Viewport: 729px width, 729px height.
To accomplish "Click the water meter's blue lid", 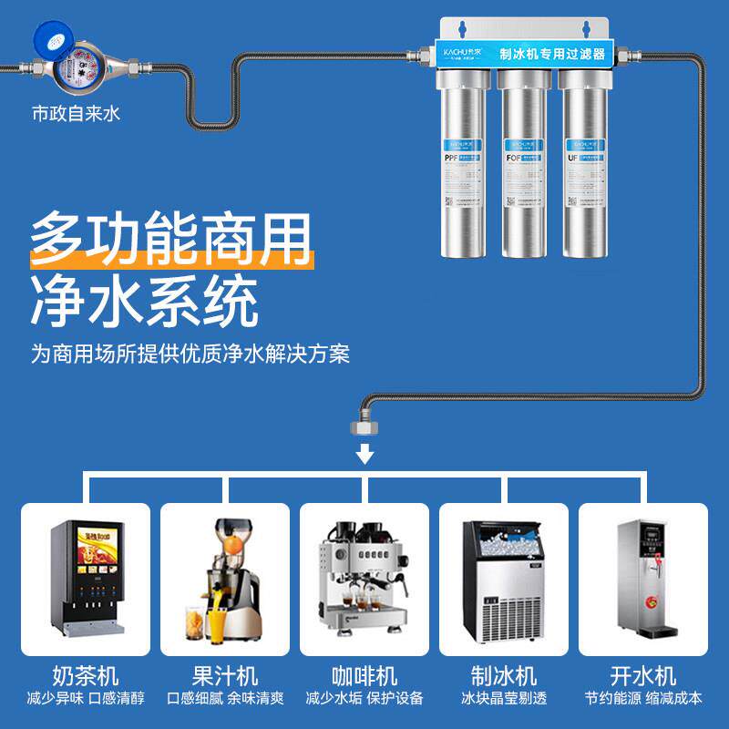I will (x=53, y=36).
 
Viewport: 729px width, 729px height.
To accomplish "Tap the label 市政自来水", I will (x=76, y=115).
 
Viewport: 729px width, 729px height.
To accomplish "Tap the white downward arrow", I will (x=364, y=453).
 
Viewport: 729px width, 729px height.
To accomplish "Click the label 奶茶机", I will (x=86, y=676).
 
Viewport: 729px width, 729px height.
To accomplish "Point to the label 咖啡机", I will (x=364, y=676).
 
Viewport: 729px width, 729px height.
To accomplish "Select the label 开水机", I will (x=643, y=676).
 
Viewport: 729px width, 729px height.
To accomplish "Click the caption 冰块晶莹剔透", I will (x=504, y=699).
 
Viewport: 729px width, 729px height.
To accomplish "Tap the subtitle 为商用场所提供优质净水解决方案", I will (x=190, y=353).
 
